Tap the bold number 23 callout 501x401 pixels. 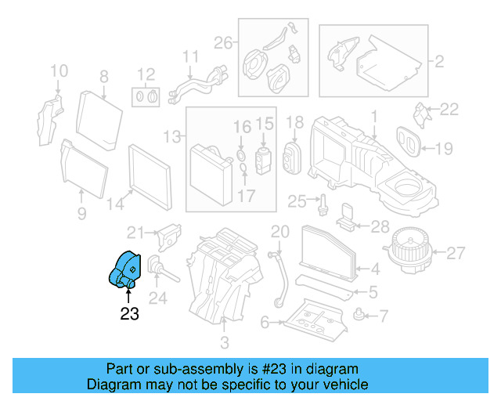[x=129, y=314]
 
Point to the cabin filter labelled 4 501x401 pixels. [x=328, y=251]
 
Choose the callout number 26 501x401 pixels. [x=224, y=42]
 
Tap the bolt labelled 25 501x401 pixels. [x=322, y=205]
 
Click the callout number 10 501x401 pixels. [x=59, y=73]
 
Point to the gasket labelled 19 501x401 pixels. [x=406, y=139]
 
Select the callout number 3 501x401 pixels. [x=225, y=343]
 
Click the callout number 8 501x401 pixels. [x=103, y=76]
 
